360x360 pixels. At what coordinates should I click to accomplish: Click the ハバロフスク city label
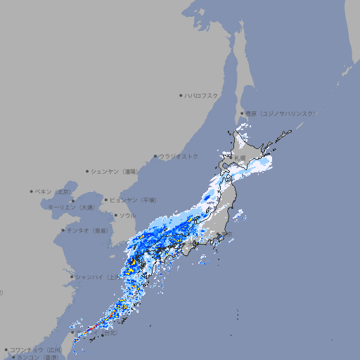[201, 95]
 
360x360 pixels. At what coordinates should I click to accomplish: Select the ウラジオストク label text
[179, 156]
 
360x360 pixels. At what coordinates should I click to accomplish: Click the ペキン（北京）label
[54, 191]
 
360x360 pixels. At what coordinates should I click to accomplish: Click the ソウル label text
[127, 215]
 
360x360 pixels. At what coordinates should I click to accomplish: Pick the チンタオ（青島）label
[87, 230]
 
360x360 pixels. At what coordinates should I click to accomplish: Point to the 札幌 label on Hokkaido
[240, 157]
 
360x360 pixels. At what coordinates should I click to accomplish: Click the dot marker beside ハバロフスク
[181, 95]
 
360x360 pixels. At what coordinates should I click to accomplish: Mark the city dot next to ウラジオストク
[155, 156]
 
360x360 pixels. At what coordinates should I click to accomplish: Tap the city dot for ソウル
[115, 215]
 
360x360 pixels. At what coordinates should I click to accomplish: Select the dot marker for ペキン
[32, 191]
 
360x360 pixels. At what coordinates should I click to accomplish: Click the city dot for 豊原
[242, 113]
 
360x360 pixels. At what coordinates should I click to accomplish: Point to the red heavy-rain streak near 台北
[86, 330]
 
